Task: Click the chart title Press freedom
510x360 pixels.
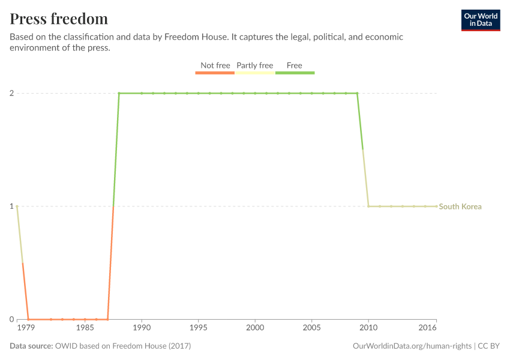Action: tap(59, 19)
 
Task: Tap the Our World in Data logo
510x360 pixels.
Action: tap(480, 20)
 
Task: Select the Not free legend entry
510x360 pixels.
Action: tap(215, 65)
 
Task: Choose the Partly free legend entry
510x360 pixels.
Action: tap(254, 65)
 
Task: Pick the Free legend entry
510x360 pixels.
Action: tap(295, 65)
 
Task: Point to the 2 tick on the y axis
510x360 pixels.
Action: tap(11, 93)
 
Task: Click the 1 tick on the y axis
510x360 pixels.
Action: tap(11, 206)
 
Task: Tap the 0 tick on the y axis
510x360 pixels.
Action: tap(11, 319)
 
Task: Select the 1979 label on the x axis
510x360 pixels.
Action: tap(26, 329)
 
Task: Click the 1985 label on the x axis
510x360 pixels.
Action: tap(85, 329)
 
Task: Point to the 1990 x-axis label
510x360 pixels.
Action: tap(142, 329)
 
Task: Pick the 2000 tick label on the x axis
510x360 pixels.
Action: tap(255, 329)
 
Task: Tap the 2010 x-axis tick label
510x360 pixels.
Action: tap(368, 329)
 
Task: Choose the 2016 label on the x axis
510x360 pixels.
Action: tap(427, 329)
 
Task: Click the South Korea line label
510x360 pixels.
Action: tap(460, 206)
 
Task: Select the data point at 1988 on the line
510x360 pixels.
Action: tap(119, 93)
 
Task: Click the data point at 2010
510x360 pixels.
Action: tap(368, 206)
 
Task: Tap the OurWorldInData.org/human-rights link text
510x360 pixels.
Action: tap(412, 346)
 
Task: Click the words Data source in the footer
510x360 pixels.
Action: tap(31, 346)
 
